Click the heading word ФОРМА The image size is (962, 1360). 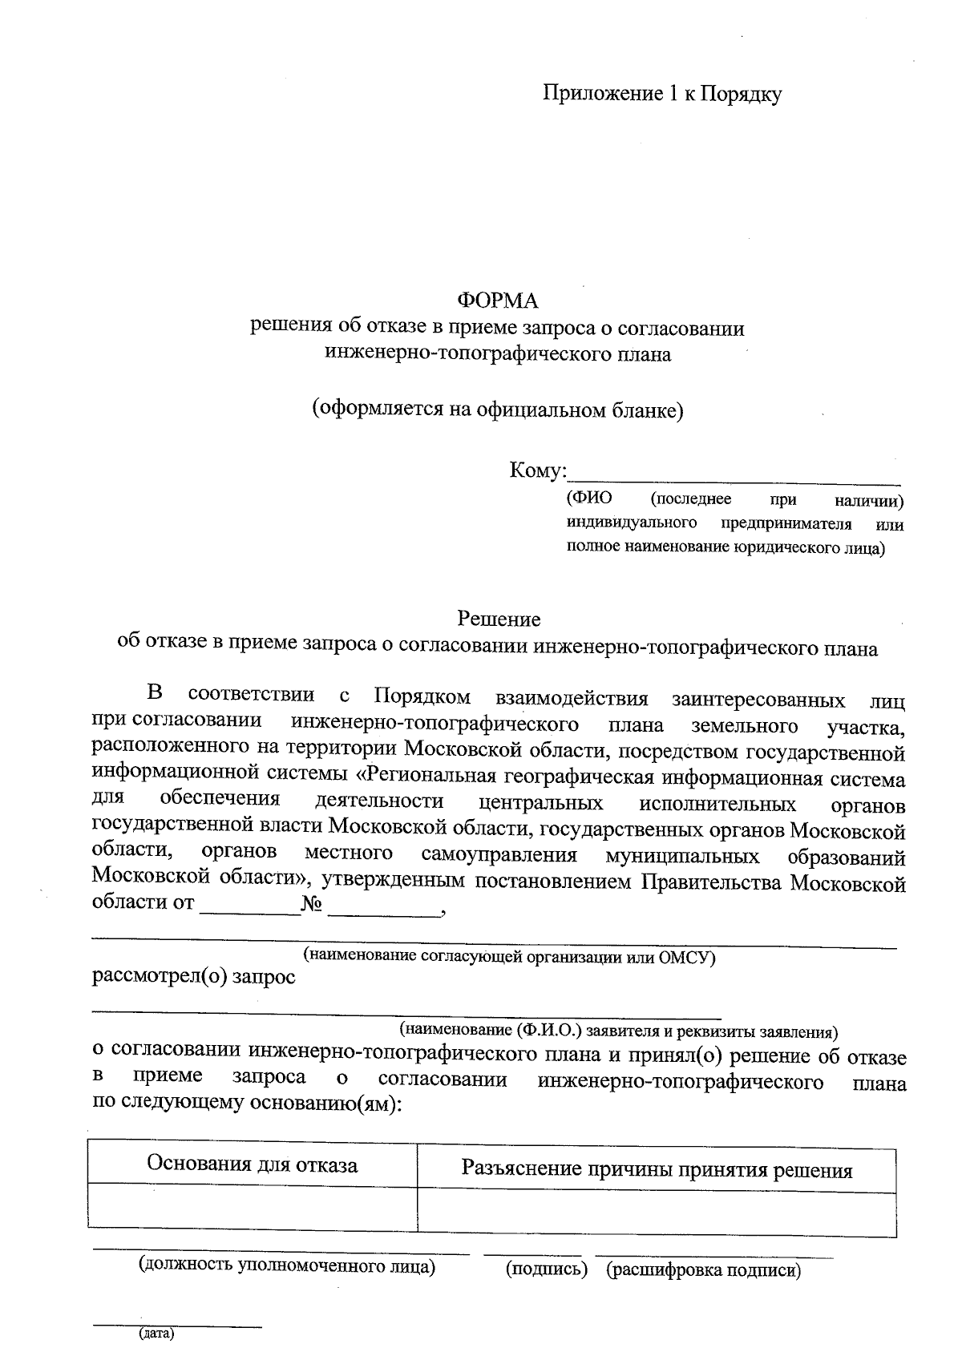(497, 301)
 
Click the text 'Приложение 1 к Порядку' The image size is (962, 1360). (662, 94)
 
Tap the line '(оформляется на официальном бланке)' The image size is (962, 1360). (497, 410)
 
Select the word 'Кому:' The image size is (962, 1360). (538, 470)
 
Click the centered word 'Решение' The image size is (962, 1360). (499, 619)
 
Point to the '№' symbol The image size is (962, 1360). (312, 904)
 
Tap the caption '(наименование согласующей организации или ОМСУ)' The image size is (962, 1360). (508, 956)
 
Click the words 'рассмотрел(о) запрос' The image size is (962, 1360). (194, 977)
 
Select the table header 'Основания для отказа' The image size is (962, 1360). (252, 1164)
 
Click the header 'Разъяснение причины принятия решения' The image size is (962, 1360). (657, 1170)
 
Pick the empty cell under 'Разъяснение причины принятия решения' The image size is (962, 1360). (657, 1211)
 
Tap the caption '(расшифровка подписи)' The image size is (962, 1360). (704, 1270)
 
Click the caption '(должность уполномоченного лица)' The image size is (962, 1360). (287, 1265)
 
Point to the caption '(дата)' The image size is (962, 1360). (156, 1334)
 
